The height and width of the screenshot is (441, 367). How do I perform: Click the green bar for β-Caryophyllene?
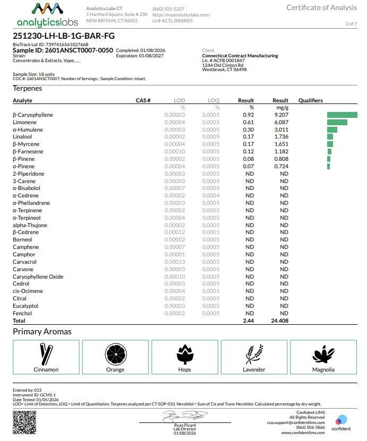[342, 115]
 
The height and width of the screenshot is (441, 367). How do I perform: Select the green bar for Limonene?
[337, 122]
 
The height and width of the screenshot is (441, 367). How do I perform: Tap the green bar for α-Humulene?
[332, 129]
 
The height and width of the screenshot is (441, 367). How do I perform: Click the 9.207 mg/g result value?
[280, 115]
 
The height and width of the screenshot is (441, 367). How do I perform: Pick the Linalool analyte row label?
[22, 137]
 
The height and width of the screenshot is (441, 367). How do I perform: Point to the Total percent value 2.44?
[249, 321]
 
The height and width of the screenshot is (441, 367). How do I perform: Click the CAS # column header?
[143, 100]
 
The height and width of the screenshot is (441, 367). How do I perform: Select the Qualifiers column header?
[310, 100]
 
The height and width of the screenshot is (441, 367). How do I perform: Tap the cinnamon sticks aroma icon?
[46, 353]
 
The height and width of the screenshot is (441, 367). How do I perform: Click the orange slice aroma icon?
[115, 353]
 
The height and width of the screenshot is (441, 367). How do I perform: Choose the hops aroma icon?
[184, 353]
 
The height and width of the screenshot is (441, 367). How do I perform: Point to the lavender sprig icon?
[253, 353]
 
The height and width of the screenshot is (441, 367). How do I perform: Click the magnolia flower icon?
[323, 353]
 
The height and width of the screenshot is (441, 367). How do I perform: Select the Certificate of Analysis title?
[322, 7]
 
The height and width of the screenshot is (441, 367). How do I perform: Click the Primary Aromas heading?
[42, 332]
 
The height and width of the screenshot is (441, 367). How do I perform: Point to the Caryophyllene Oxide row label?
[38, 276]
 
